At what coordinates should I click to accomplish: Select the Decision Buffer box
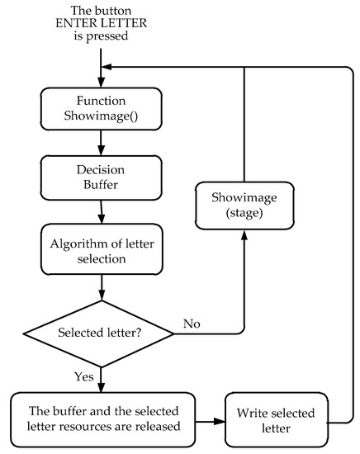[x=100, y=177]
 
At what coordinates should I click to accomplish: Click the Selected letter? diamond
[x=100, y=334]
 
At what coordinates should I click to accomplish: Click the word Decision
[x=100, y=169]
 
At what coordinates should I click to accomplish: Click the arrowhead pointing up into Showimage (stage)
[x=244, y=235]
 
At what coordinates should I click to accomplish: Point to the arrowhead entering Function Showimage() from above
[x=100, y=82]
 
